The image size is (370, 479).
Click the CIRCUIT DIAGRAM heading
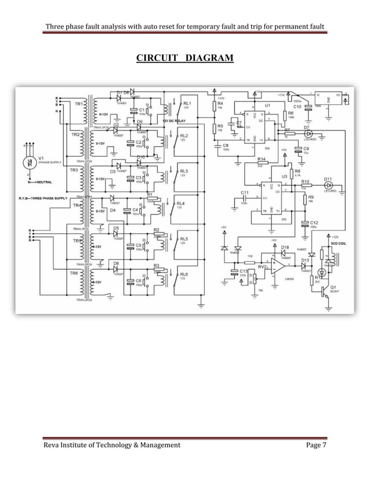184,59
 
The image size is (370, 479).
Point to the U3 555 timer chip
266,194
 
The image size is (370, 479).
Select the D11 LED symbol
328,186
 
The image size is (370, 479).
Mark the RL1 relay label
187,103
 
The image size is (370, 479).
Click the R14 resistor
261,164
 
